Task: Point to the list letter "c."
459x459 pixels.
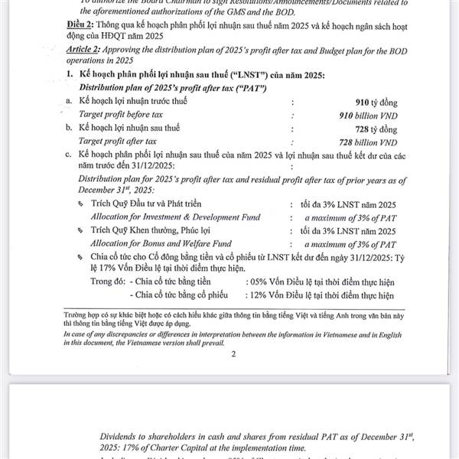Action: tap(70, 155)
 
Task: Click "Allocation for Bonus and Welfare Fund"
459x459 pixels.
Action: tap(168, 243)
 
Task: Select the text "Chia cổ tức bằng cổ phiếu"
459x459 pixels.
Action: tap(180, 295)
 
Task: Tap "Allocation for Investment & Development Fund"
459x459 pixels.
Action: tap(176, 218)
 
